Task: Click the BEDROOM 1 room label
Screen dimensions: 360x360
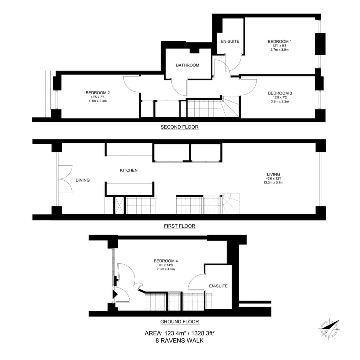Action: click(279, 41)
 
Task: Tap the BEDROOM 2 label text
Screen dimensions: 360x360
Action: click(97, 93)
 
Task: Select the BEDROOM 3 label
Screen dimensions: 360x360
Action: click(280, 93)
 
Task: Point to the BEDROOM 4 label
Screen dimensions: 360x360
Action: click(166, 261)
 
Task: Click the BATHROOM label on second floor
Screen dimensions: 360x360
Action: click(187, 65)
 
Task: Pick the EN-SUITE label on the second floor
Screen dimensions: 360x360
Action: click(230, 41)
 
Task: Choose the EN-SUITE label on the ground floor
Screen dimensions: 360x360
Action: click(218, 286)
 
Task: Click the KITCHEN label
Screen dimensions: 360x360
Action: click(129, 170)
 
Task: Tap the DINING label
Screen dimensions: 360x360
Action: click(82, 180)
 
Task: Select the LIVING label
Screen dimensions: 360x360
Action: click(273, 174)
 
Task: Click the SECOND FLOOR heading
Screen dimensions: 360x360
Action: click(179, 127)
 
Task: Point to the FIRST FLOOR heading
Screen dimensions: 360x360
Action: click(179, 226)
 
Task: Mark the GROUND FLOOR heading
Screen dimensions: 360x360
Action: click(179, 322)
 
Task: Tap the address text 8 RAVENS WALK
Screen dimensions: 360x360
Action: click(179, 340)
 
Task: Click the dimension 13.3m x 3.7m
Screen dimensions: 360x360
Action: click(273, 182)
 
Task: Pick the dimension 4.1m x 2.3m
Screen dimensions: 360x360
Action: click(97, 101)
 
